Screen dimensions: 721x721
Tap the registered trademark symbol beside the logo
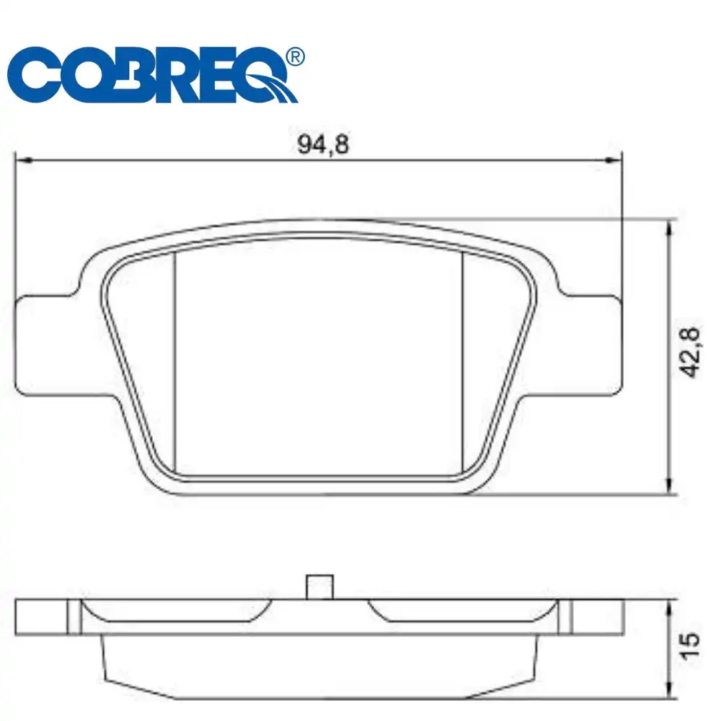coord(294,56)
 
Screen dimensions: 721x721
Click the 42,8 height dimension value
coord(690,352)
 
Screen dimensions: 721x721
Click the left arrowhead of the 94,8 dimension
coord(22,159)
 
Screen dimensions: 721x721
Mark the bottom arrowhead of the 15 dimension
coord(671,694)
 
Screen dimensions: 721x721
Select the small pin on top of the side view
coord(319,586)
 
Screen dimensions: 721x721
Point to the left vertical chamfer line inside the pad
coord(176,360)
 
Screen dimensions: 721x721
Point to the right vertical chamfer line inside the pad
coord(462,360)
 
